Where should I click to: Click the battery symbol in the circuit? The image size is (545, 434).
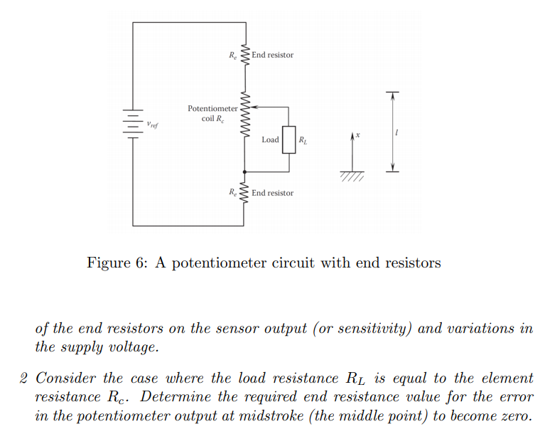(x=132, y=124)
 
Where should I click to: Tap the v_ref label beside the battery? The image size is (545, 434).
(x=152, y=125)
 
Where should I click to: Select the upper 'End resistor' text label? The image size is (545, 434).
(x=272, y=55)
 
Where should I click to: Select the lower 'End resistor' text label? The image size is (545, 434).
(x=272, y=193)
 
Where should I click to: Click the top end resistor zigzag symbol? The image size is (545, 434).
(x=245, y=55)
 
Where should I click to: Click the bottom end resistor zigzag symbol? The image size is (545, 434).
(x=245, y=193)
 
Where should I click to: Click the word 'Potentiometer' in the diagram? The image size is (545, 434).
(x=212, y=108)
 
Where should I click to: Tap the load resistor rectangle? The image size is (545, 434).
(x=289, y=139)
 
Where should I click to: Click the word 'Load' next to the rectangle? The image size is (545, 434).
(x=270, y=139)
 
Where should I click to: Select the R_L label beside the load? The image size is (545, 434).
(x=303, y=140)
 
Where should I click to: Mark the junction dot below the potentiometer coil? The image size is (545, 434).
(x=245, y=172)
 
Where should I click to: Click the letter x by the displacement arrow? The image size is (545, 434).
(x=359, y=134)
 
